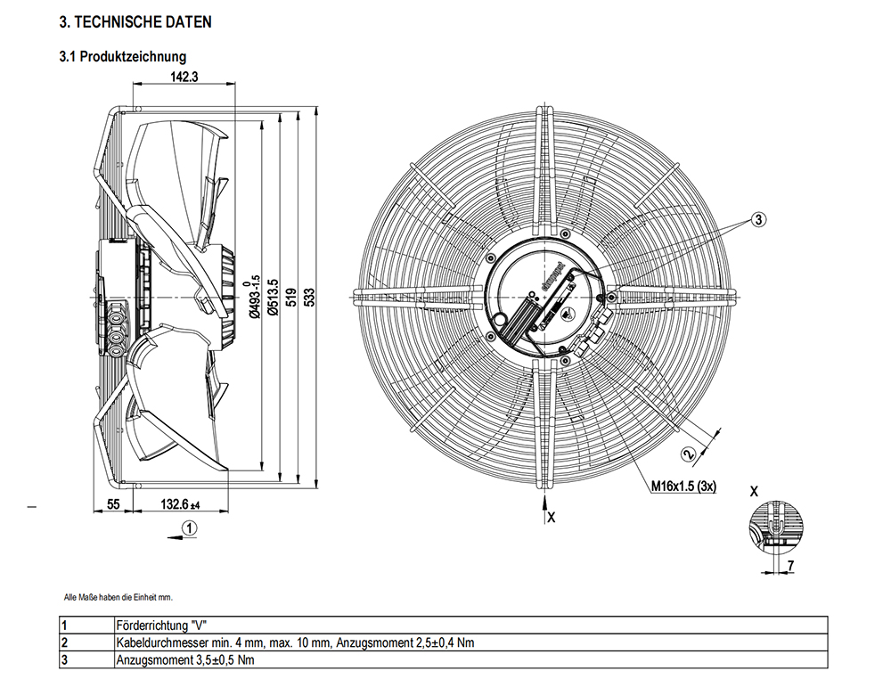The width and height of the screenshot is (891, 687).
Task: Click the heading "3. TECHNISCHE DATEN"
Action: (135, 22)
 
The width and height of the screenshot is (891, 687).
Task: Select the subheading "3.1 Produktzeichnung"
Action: (123, 56)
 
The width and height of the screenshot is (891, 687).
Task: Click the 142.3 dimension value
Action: (184, 77)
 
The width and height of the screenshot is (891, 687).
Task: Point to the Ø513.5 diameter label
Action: (273, 297)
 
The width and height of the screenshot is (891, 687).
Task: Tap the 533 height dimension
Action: (310, 298)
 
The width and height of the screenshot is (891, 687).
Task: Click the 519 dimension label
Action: (291, 298)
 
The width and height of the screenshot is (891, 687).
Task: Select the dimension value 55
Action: (114, 504)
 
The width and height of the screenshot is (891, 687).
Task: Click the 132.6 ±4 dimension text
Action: (181, 504)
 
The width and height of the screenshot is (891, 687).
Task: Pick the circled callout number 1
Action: (189, 528)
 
